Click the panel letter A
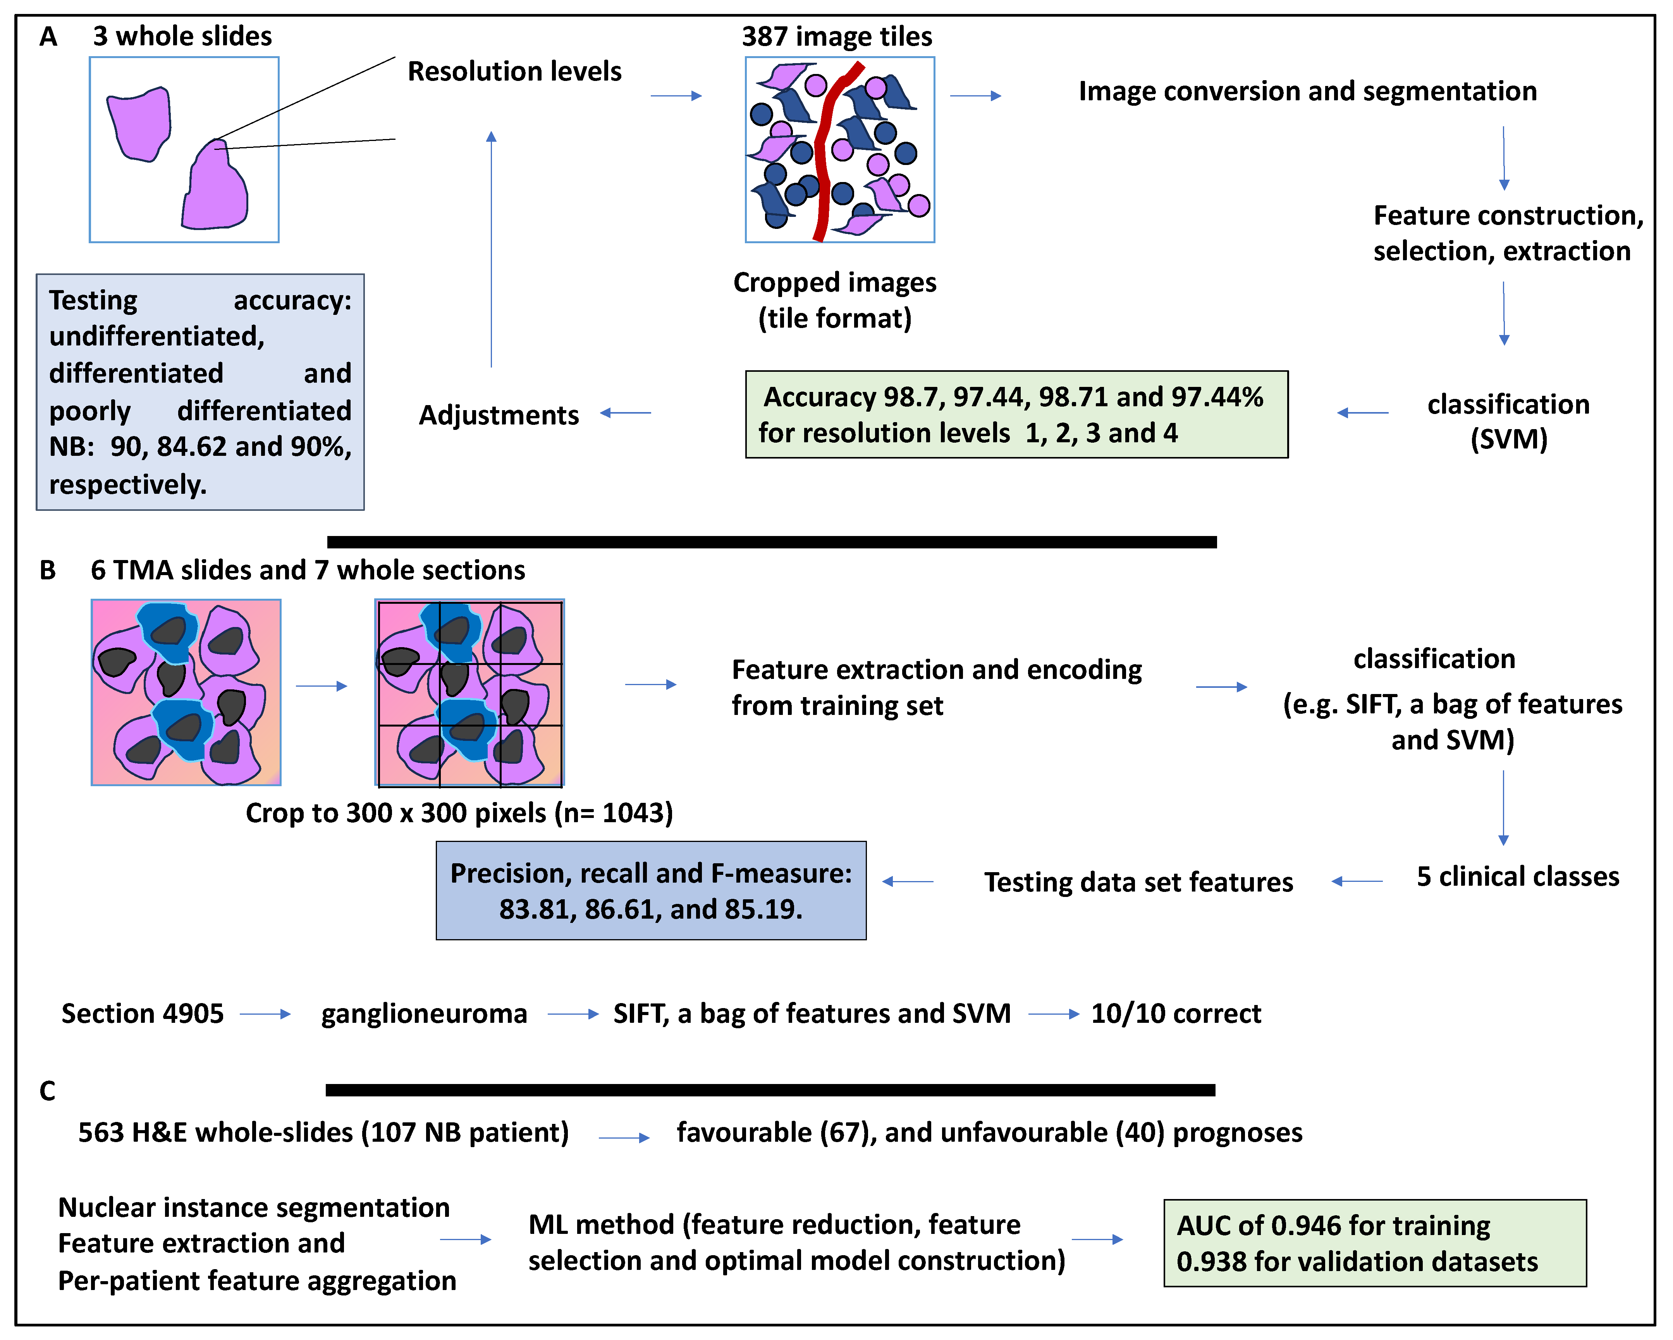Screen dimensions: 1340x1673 48,36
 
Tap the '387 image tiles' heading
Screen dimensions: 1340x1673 837,36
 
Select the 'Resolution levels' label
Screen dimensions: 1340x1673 514,71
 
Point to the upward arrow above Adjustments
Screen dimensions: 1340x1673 491,248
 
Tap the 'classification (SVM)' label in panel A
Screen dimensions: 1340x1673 1508,421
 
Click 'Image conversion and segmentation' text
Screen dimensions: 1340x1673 1307,91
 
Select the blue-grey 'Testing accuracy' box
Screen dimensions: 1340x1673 200,392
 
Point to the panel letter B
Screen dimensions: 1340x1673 48,570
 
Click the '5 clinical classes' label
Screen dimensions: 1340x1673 1517,877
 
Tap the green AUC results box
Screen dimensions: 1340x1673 1374,1243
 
